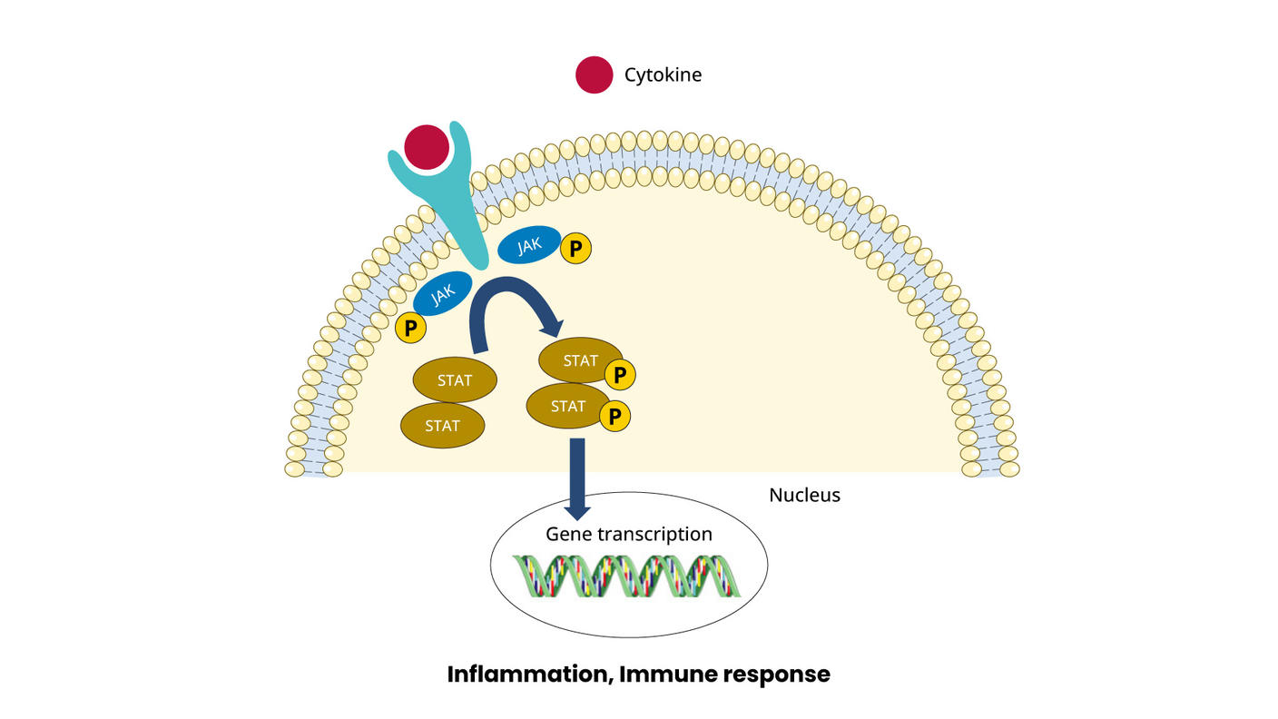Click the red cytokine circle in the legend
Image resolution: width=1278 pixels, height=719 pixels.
595,74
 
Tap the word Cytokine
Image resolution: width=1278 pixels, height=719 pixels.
663,74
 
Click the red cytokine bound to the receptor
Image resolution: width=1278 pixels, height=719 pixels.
427,147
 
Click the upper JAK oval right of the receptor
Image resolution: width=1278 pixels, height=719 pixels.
529,245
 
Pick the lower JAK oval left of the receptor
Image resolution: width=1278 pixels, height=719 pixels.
443,293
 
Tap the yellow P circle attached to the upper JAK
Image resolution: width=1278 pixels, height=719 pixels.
575,248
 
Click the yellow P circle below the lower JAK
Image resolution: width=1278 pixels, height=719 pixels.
410,328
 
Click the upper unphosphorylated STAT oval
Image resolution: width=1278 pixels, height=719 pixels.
455,380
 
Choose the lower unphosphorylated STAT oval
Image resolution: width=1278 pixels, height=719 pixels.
442,426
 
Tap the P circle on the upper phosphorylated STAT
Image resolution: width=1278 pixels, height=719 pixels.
620,374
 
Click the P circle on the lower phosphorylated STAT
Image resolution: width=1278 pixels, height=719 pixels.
614,417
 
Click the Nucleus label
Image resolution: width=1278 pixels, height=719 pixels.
804,495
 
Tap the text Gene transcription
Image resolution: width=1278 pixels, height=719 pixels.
628,534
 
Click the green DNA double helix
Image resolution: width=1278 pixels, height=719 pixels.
627,576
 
